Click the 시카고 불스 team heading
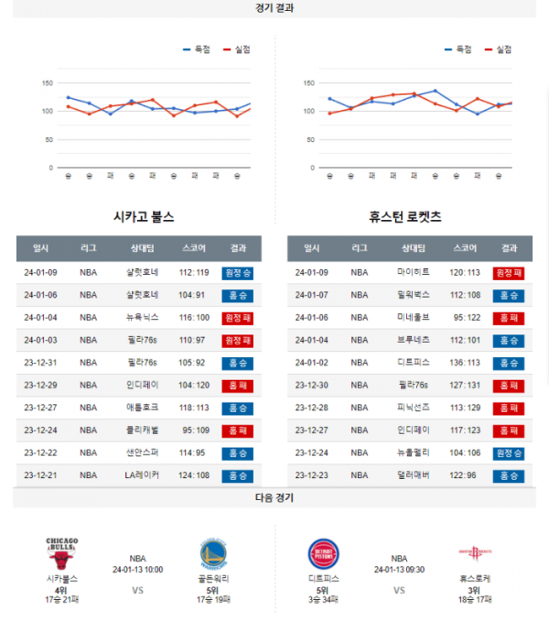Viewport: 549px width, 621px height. [x=143, y=217]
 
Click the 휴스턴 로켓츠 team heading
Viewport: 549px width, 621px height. [x=404, y=217]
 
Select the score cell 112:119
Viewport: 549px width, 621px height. [x=194, y=273]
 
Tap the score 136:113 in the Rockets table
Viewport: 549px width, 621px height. [x=464, y=362]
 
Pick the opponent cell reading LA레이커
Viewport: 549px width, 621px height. [x=143, y=475]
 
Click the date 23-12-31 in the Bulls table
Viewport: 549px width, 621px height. [x=41, y=362]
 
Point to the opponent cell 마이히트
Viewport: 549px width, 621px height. [x=414, y=273]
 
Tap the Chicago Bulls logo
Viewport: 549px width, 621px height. [x=62, y=554]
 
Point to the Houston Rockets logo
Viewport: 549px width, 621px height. [x=474, y=554]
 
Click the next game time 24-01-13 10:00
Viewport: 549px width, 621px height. [x=137, y=570]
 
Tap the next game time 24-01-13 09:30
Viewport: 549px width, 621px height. [x=399, y=570]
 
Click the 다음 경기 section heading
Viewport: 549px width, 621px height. [x=274, y=498]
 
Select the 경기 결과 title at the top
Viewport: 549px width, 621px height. [x=274, y=8]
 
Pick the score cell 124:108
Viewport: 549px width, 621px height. [x=194, y=475]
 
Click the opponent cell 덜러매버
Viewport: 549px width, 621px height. [x=414, y=475]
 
